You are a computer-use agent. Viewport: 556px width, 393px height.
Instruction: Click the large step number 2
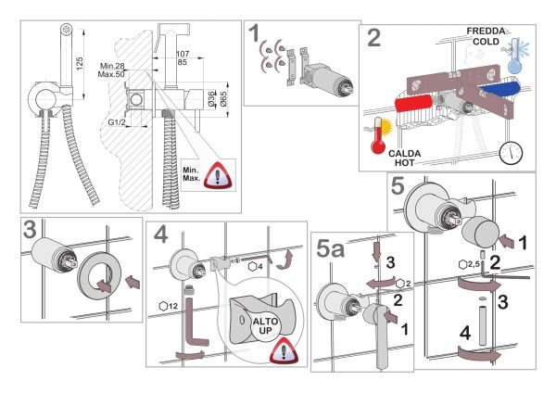pos(373,40)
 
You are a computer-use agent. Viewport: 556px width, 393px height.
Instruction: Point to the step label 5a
pos(332,248)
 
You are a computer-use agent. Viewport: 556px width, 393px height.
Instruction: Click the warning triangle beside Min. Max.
pos(219,173)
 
